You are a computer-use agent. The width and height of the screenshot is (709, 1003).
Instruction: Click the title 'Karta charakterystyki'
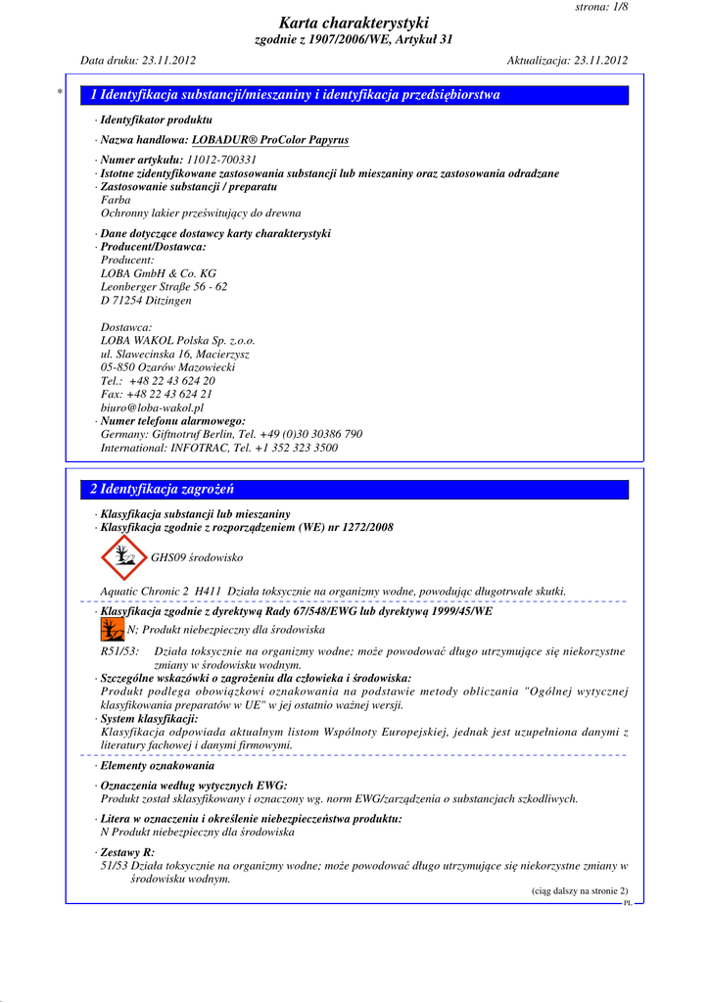[x=354, y=23]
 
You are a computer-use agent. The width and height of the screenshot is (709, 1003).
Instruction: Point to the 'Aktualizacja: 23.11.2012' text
[x=567, y=61]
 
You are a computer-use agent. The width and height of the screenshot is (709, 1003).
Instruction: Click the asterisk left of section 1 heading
[x=61, y=93]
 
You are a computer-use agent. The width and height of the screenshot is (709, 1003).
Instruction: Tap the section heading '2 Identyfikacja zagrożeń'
[x=162, y=489]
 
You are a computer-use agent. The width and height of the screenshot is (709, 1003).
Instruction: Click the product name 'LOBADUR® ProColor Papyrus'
[x=270, y=140]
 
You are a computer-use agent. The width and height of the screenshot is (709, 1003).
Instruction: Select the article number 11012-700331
[x=221, y=160]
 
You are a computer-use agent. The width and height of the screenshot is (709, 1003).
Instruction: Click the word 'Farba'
[x=116, y=200]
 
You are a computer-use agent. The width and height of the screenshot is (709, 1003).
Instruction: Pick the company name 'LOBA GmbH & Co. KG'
[x=159, y=273]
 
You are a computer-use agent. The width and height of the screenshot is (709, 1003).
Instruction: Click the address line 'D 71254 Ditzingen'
[x=146, y=301]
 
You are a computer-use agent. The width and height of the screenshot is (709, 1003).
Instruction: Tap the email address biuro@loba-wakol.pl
[x=152, y=407]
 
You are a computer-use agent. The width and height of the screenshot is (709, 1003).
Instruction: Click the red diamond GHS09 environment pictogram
[x=122, y=557]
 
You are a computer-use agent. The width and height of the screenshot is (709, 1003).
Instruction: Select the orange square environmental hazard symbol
[x=112, y=629]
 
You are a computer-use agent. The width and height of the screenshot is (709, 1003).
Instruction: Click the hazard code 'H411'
[x=208, y=591]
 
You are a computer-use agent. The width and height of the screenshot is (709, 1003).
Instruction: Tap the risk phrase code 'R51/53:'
[x=119, y=651]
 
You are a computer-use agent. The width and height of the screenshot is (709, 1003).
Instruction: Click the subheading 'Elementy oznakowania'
[x=158, y=765]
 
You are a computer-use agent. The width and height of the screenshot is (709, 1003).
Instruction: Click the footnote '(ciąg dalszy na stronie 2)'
[x=580, y=890]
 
